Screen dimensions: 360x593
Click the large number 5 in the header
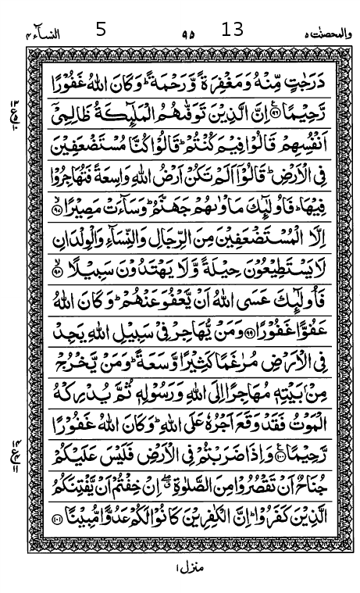click(101, 30)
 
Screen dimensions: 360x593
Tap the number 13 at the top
click(233, 30)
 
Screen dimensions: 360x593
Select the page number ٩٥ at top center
click(187, 34)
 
